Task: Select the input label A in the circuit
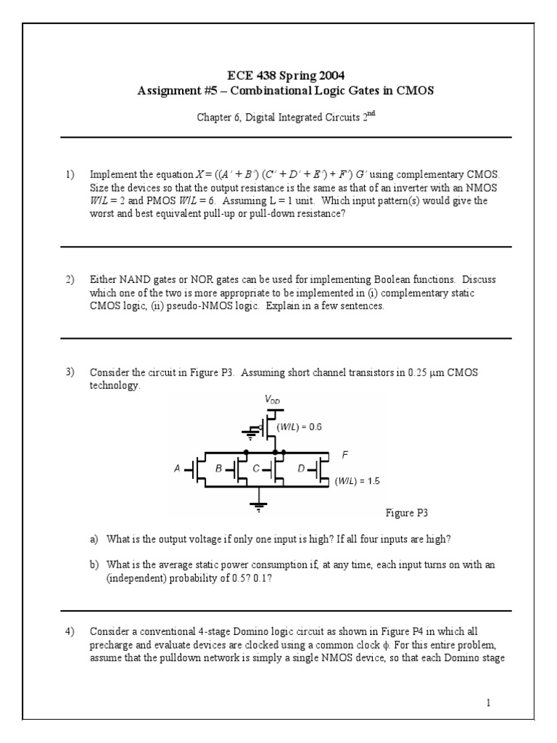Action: pos(177,469)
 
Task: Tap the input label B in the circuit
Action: pos(219,469)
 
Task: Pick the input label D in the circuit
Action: pos(301,469)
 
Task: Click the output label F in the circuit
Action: pos(345,455)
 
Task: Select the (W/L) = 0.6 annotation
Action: pos(298,427)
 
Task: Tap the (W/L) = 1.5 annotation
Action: pos(357,480)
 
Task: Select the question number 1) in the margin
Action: pos(70,175)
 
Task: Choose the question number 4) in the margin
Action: pos(70,632)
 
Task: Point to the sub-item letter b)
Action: pos(94,565)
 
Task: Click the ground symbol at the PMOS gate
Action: pos(251,436)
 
